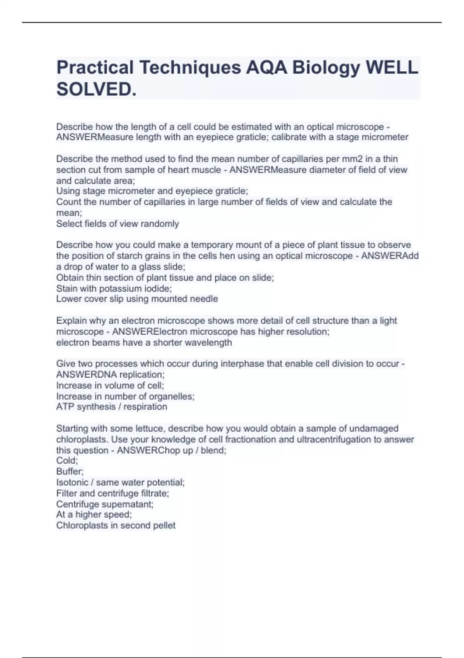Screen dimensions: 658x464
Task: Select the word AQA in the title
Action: coord(266,68)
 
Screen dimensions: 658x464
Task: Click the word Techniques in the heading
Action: coord(190,68)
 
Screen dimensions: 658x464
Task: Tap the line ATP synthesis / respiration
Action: coord(112,407)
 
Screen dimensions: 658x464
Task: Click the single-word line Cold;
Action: coord(67,461)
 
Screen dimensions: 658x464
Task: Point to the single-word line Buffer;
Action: coord(70,471)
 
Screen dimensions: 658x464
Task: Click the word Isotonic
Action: coord(72,482)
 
